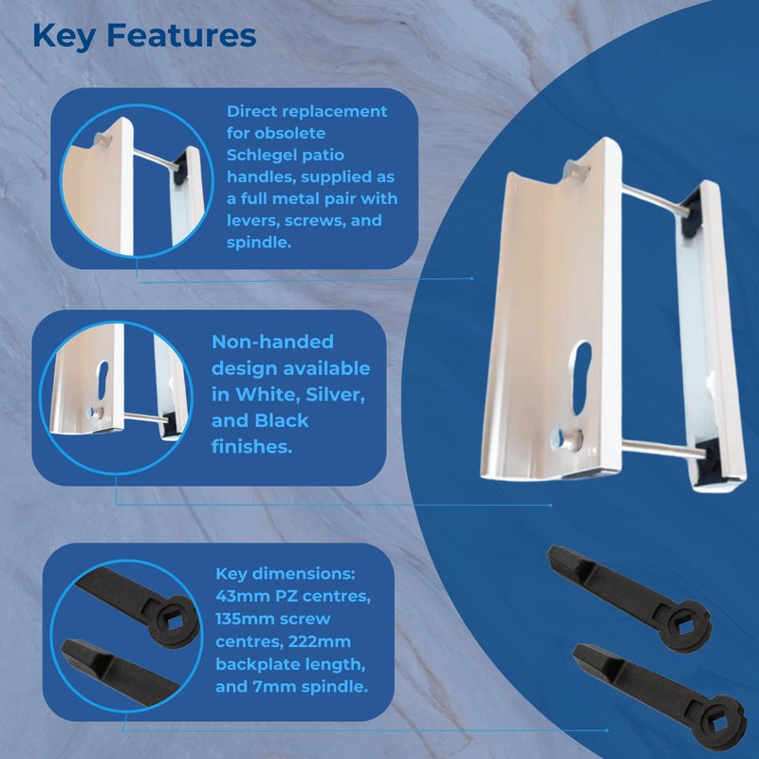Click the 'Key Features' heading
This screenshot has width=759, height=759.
click(144, 36)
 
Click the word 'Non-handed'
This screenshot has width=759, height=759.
click(271, 342)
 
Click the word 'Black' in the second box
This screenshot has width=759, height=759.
click(283, 419)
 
